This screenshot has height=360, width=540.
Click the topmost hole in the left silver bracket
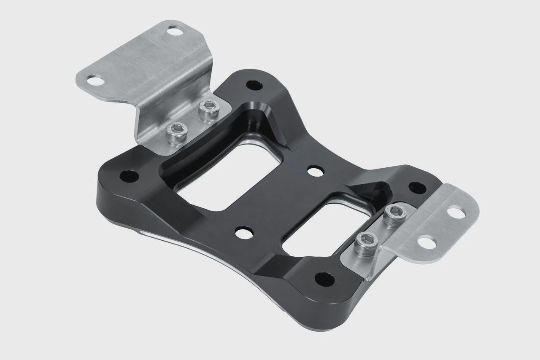click(x=173, y=30)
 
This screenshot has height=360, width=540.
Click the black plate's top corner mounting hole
click(x=254, y=86)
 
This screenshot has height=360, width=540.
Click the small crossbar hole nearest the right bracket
click(x=316, y=171)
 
